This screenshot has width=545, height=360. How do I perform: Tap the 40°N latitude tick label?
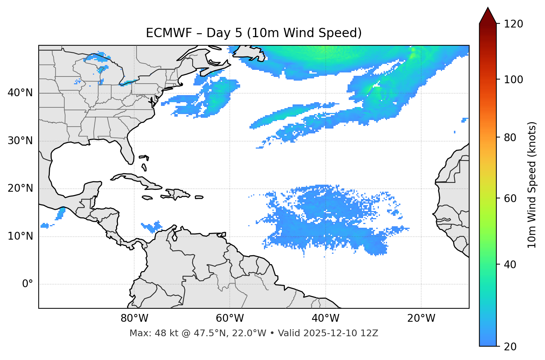coord(20,93)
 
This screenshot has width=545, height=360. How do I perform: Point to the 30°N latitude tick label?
coord(20,141)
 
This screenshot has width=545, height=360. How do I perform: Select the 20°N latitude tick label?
coord(20,189)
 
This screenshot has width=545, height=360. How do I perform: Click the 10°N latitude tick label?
coord(20,236)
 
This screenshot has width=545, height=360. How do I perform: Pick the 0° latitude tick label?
coord(28,284)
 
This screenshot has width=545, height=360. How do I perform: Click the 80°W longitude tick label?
coord(134,318)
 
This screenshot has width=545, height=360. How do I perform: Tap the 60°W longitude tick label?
coord(230,318)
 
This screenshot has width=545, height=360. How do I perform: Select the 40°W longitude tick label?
coord(325,318)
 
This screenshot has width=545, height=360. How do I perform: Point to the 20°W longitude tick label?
coord(421,318)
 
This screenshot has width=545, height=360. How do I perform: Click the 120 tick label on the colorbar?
coord(513,24)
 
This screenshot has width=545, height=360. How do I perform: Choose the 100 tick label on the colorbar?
coord(513,80)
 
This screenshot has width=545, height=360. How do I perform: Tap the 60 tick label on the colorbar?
coord(510,198)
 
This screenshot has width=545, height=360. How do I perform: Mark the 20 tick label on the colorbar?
coord(510,346)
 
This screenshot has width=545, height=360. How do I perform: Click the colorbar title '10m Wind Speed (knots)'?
coord(532,185)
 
